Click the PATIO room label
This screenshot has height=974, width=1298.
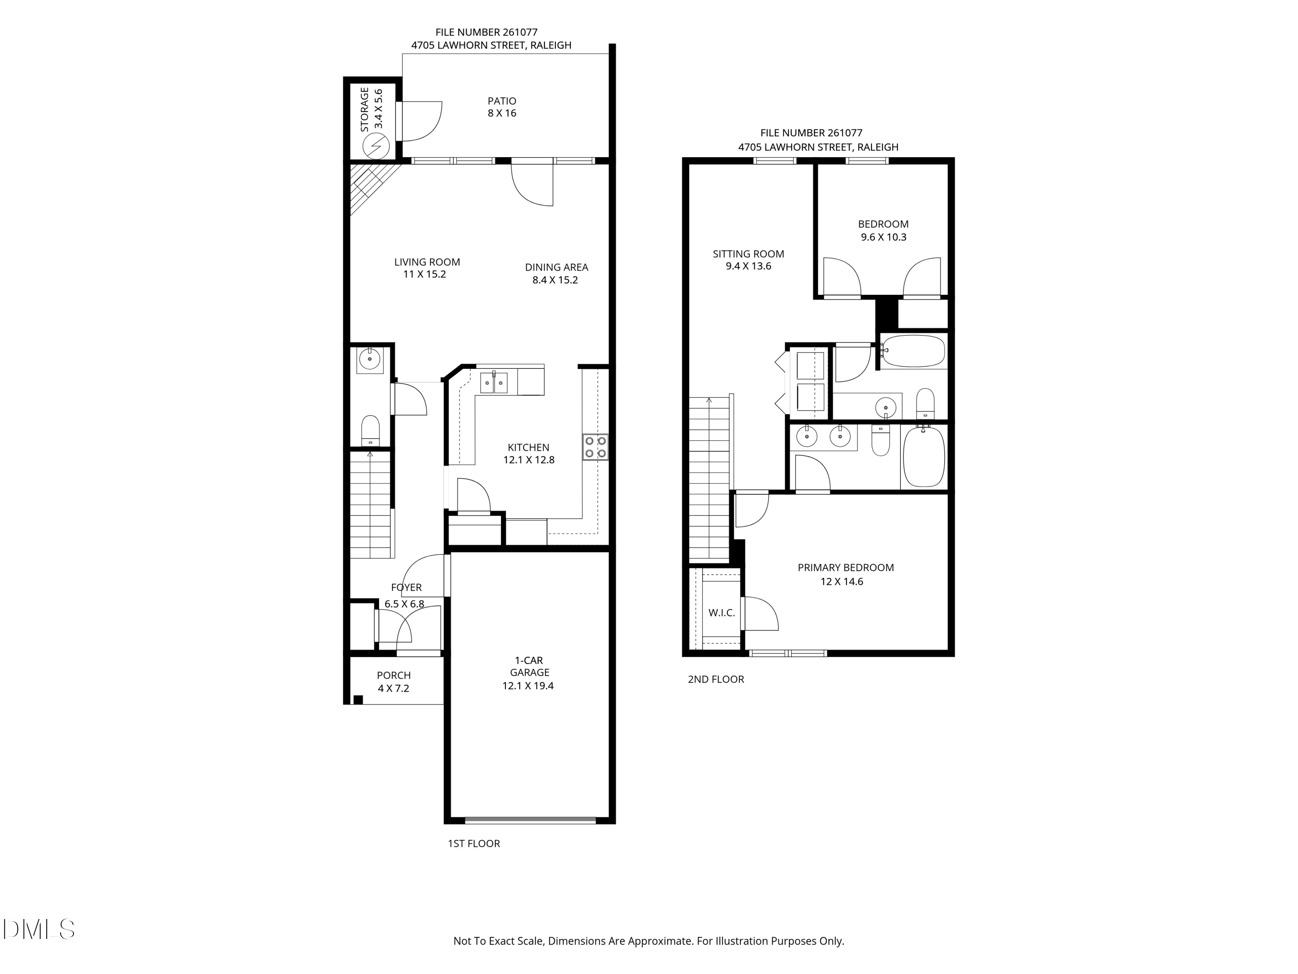502,101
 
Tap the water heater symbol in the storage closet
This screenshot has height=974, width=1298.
376,145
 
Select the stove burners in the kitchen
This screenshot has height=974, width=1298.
595,446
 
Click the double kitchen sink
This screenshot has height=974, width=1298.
494,382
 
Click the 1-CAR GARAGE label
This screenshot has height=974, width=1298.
529,666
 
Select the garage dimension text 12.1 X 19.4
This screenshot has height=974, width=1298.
528,686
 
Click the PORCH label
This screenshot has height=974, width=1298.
394,675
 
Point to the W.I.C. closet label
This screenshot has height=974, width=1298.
721,613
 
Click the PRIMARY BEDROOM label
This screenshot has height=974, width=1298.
845,568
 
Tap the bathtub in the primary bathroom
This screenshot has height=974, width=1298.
924,457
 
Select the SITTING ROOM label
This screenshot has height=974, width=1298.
748,254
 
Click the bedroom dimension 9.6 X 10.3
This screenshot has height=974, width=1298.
883,237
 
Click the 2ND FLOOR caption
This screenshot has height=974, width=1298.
716,679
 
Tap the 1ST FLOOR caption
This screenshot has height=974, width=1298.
473,844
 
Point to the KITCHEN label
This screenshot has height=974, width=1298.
528,447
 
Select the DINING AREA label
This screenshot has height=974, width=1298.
556,267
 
